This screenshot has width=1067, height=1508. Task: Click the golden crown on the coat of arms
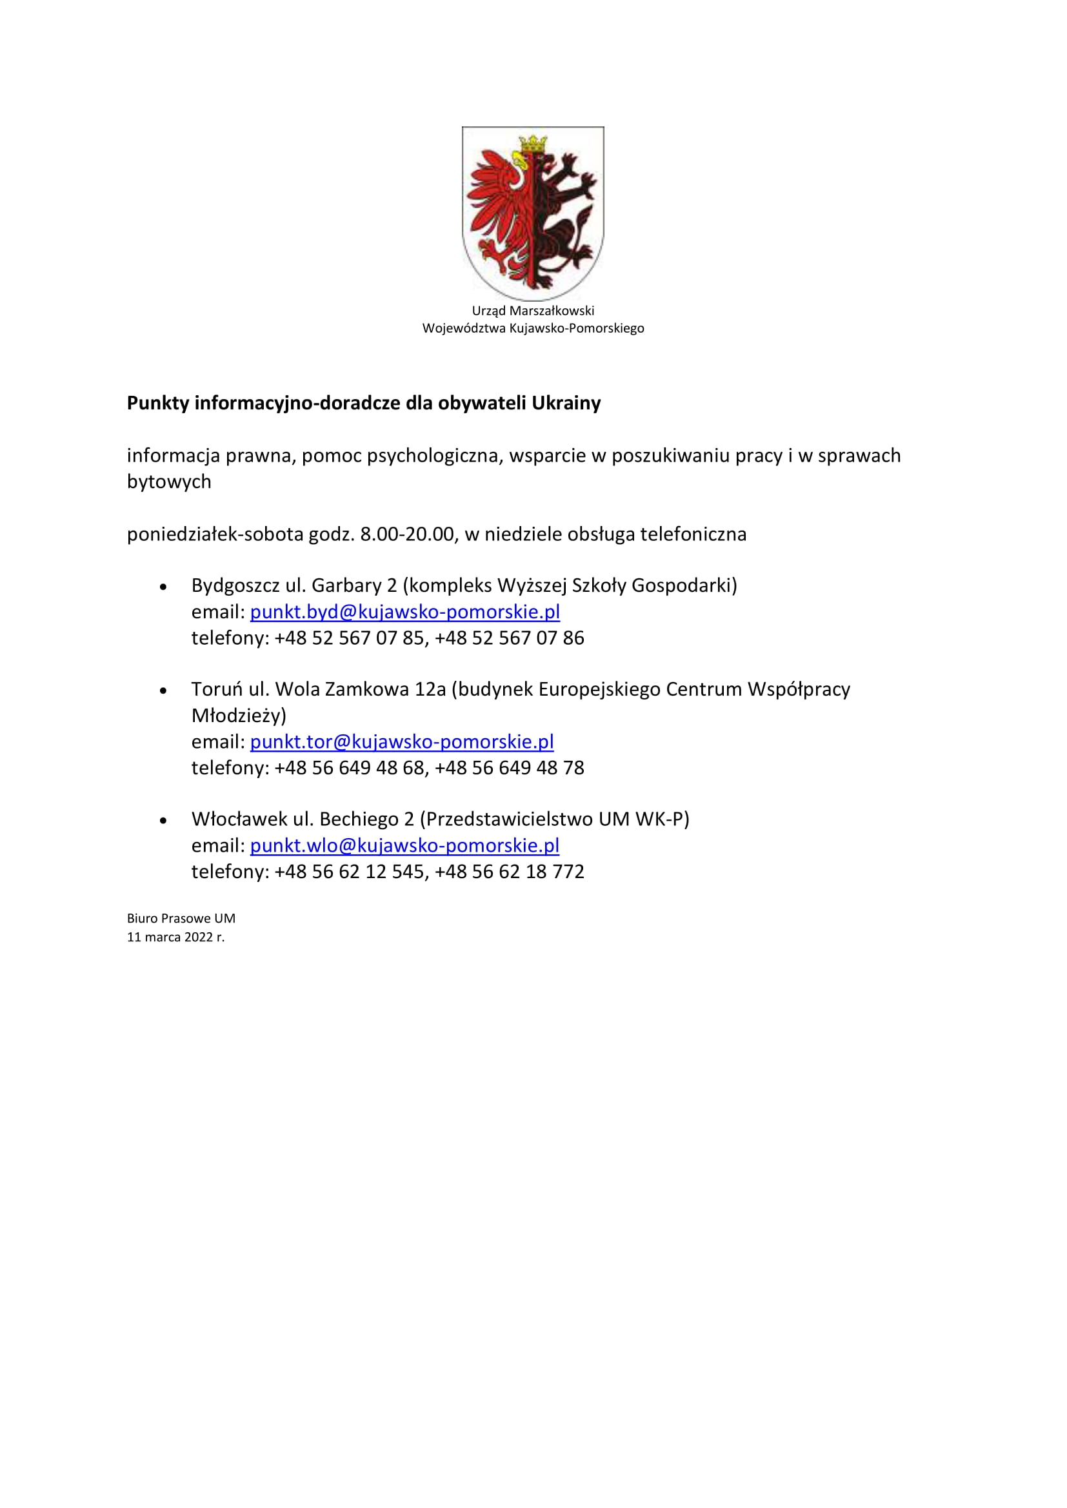coord(533,142)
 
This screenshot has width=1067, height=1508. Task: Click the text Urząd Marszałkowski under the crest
coord(533,311)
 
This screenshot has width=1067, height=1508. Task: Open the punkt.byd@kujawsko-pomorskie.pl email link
coord(404,612)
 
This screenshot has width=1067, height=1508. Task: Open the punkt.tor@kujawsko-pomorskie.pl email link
coord(401,741)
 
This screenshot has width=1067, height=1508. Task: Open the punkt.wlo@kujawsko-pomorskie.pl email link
coord(404,845)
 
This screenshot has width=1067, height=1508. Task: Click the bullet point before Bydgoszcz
coord(164,587)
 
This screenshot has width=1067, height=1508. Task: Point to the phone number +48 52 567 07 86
coord(509,638)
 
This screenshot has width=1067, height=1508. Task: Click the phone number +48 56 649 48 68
coord(350,768)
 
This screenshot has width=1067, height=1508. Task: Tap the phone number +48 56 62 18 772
coord(509,872)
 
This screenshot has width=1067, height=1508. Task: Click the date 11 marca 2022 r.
coord(175,937)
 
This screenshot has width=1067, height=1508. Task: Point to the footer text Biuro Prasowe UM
coord(181,918)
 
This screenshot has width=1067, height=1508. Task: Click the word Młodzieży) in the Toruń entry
coord(239,715)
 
